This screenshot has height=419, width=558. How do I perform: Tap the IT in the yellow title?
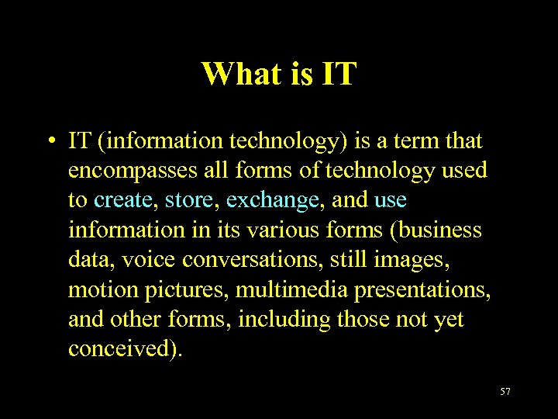tap(335, 74)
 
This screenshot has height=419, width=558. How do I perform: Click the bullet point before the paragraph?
tap(49, 142)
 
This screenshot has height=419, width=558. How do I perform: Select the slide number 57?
tap(505, 392)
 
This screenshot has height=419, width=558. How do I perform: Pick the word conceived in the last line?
tap(123, 348)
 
